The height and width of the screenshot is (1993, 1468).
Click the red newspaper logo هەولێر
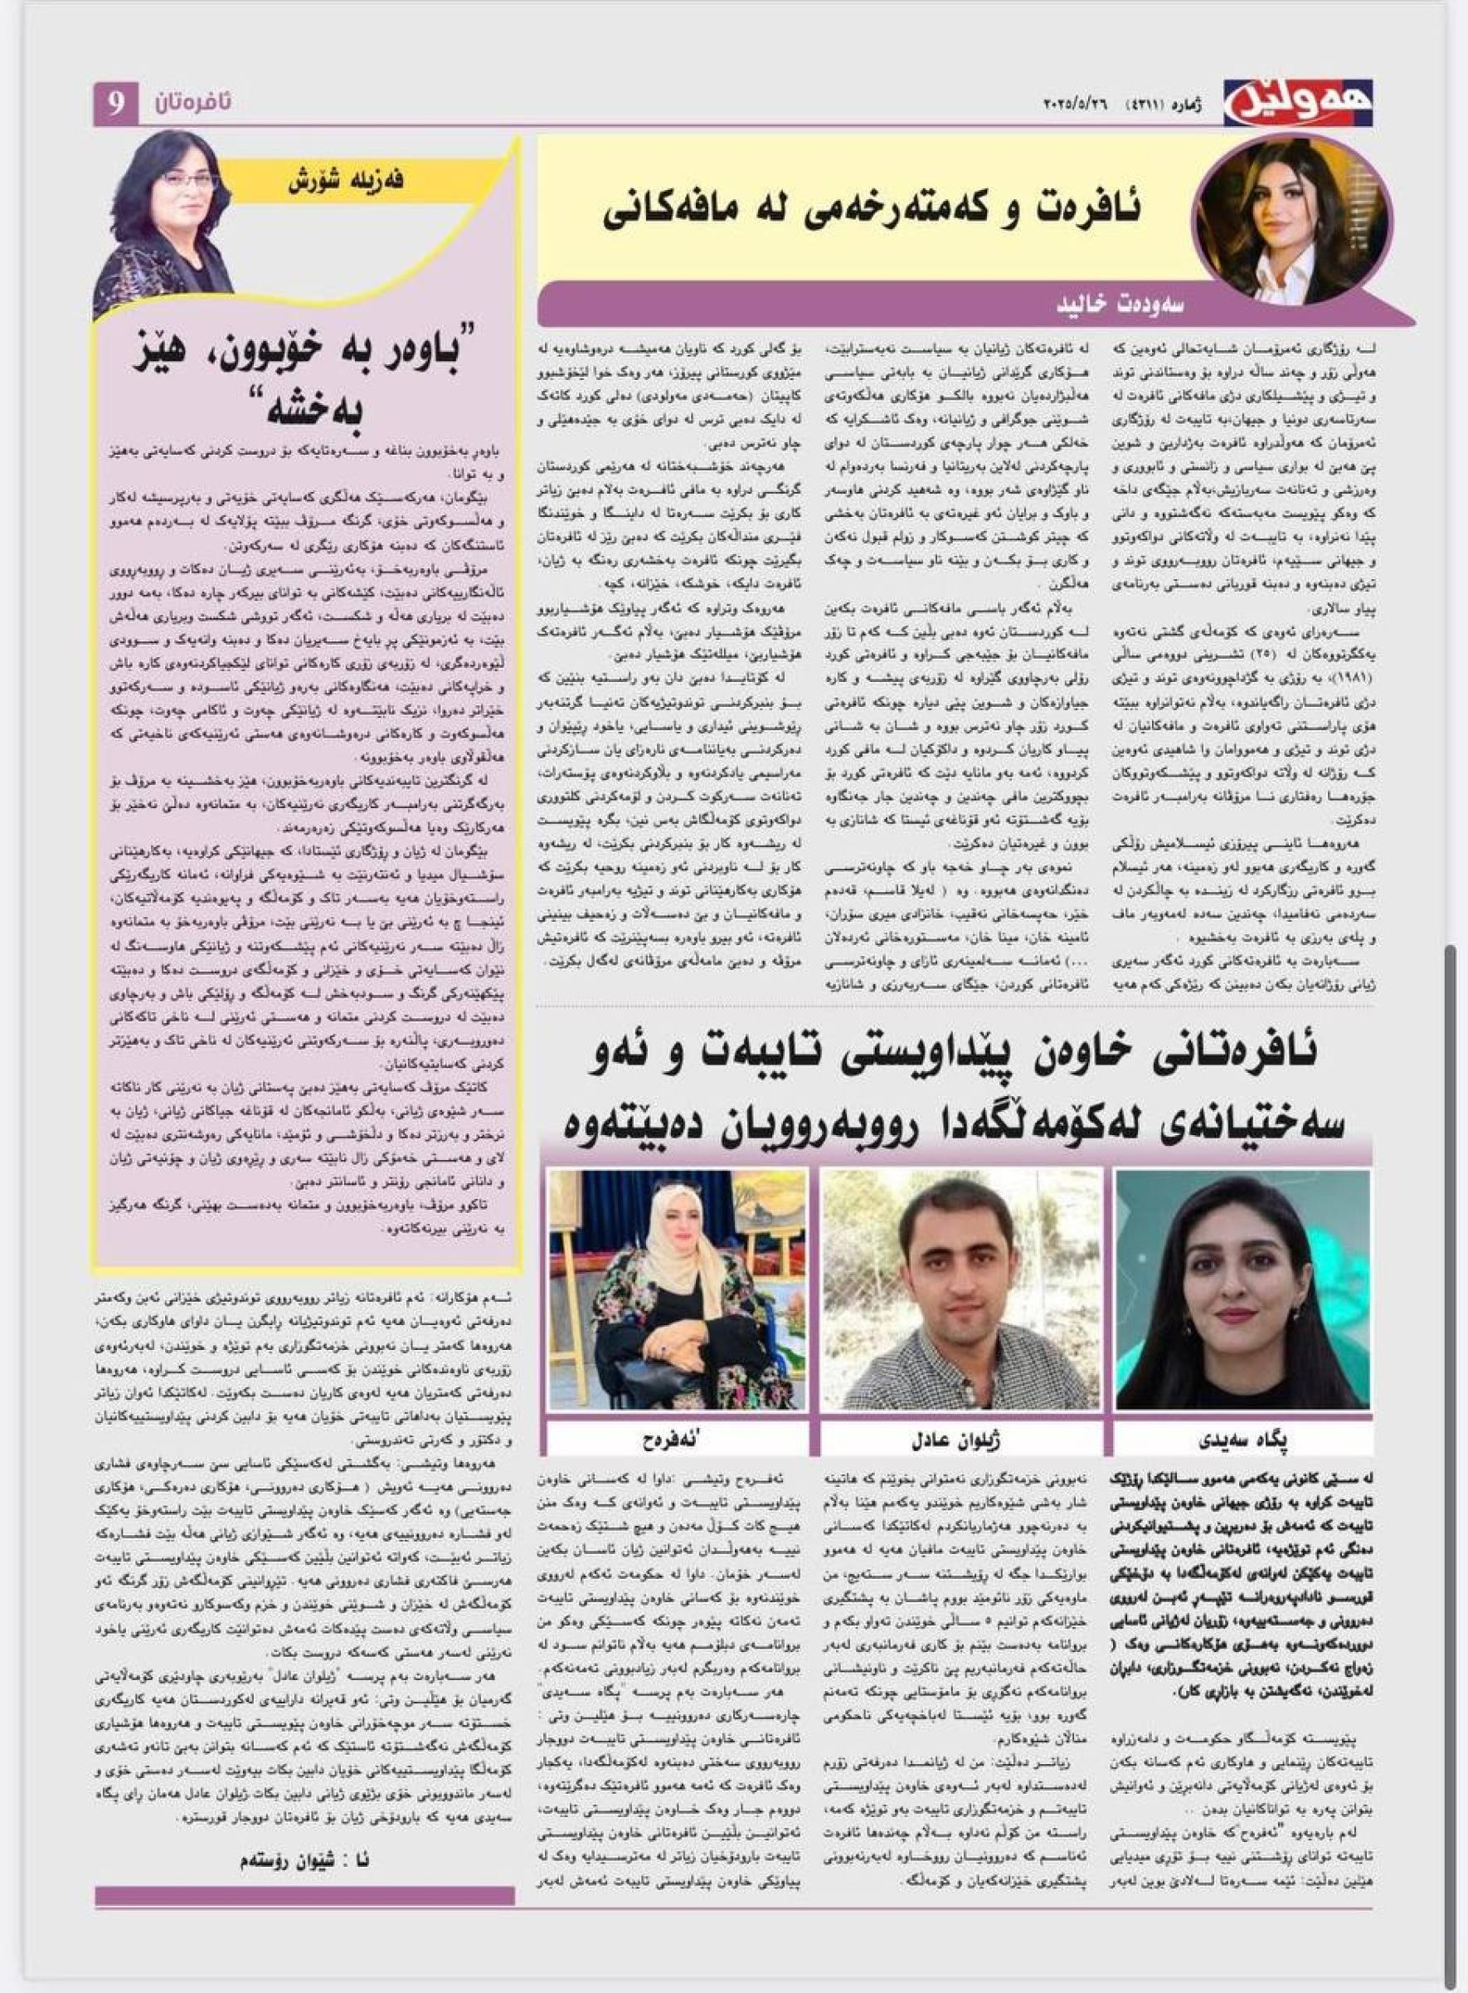[x=1296, y=103]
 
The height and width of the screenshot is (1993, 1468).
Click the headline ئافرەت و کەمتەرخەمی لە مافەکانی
[x=872, y=209]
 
